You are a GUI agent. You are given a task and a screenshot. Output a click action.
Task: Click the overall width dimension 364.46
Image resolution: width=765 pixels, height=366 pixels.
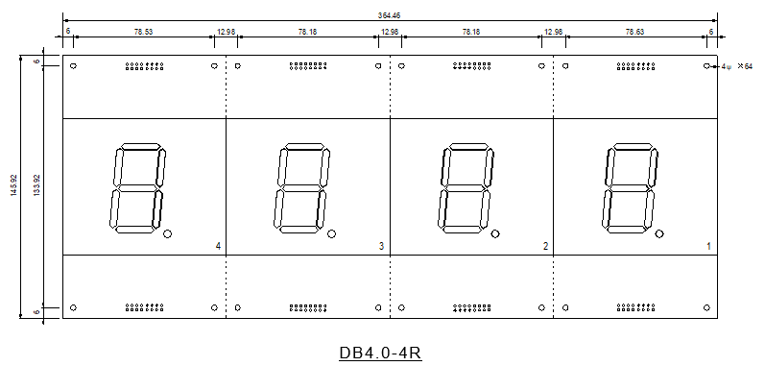(390, 15)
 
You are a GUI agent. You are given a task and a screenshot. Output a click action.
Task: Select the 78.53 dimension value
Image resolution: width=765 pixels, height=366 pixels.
(143, 32)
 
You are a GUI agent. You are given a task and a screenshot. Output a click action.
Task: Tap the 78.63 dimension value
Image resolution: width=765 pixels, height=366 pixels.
(634, 32)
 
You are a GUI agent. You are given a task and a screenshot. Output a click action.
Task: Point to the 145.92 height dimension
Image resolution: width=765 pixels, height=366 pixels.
(14, 185)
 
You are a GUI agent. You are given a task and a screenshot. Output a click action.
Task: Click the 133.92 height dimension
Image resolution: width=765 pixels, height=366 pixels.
(36, 185)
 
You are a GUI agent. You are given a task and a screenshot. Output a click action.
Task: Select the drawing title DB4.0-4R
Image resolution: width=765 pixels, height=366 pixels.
(380, 353)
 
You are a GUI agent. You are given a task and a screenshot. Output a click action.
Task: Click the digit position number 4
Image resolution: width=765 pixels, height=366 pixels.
(218, 247)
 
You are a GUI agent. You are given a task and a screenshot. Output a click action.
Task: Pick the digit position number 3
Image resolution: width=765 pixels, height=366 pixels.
(381, 247)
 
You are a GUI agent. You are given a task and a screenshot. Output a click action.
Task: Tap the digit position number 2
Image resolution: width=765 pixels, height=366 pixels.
(545, 247)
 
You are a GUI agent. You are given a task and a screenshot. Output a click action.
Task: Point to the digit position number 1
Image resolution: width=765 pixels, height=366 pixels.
(709, 247)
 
